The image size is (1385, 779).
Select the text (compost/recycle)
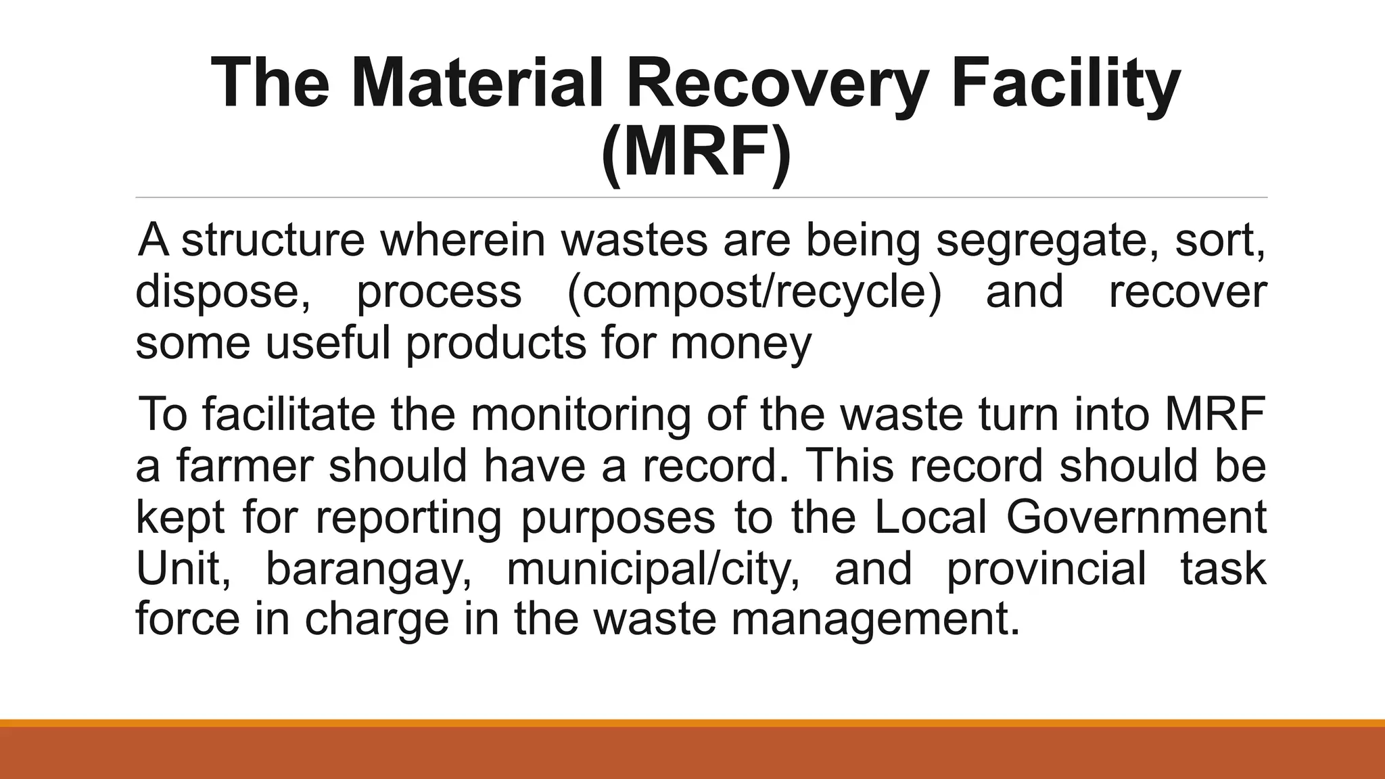point(754,292)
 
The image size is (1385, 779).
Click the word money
point(741,344)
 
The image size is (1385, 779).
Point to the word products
point(496,344)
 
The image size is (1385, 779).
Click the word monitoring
point(581,415)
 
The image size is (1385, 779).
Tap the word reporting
point(408,518)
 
